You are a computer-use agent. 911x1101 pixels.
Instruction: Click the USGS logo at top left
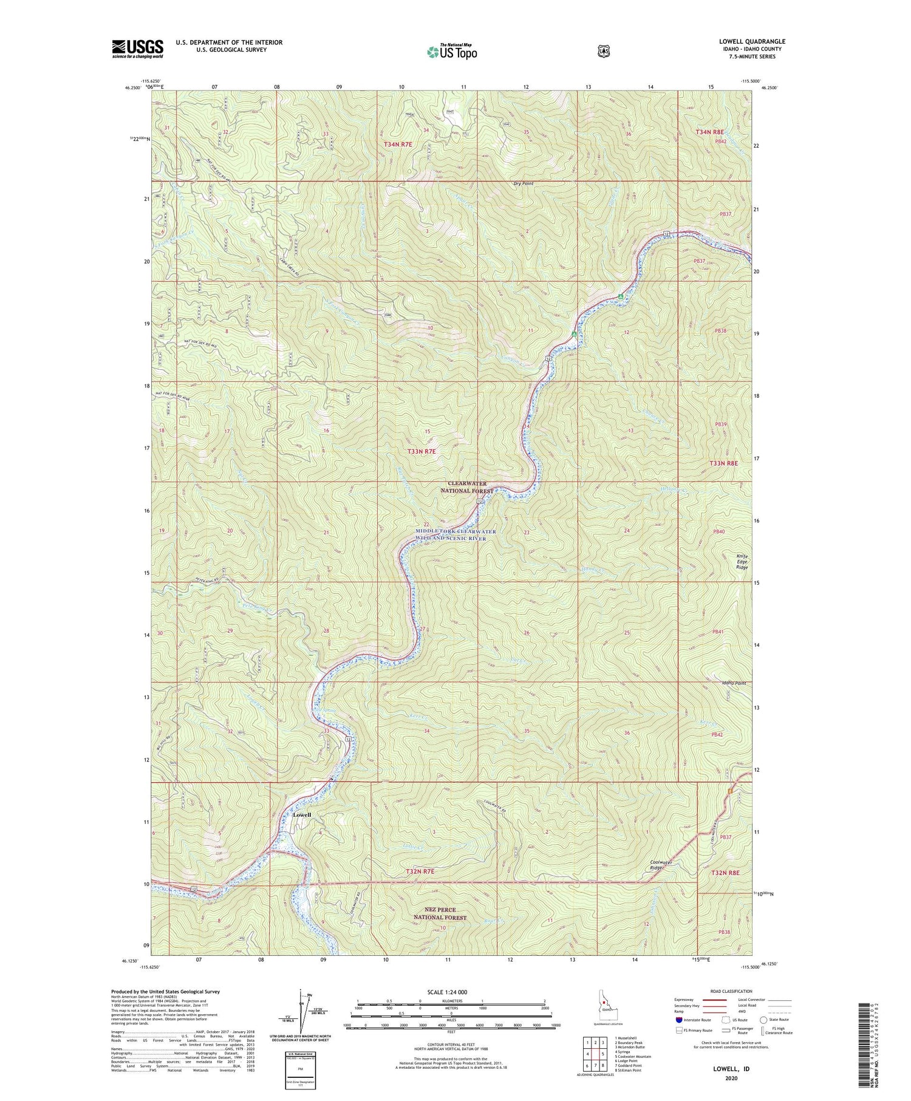tap(137, 49)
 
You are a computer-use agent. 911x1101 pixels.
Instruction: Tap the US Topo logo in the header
tap(452, 52)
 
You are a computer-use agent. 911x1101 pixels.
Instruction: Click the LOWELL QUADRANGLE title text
tap(752, 42)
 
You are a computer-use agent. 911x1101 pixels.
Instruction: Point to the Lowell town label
tap(302, 814)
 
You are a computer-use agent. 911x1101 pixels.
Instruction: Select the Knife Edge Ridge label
tap(742, 561)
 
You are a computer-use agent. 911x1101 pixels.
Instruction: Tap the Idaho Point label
tap(734, 683)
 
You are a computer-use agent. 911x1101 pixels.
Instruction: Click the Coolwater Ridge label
tap(661, 865)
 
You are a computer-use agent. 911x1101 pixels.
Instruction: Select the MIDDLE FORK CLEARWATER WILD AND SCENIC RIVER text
tap(455, 535)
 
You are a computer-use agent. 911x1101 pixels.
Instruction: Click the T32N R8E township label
tap(725, 872)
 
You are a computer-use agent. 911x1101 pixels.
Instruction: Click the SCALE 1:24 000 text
tap(451, 992)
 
